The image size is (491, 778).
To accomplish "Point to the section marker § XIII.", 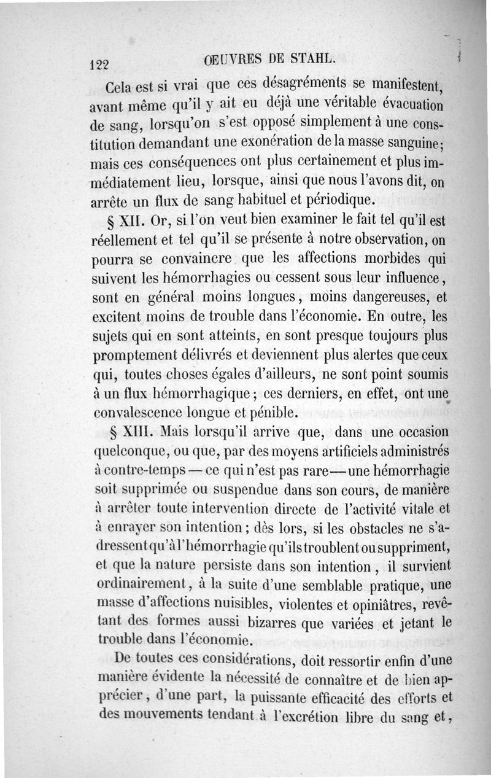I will pos(126,432).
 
